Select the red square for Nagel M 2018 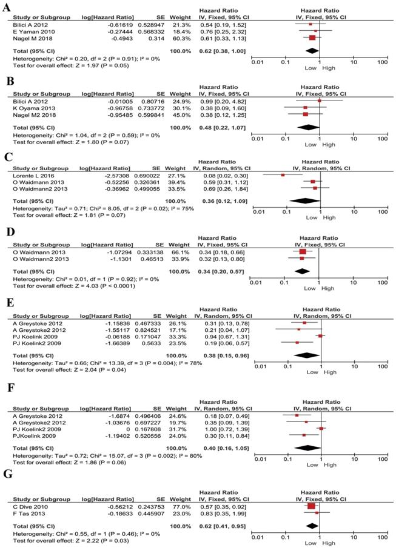pyautogui.click(x=312, y=37)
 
